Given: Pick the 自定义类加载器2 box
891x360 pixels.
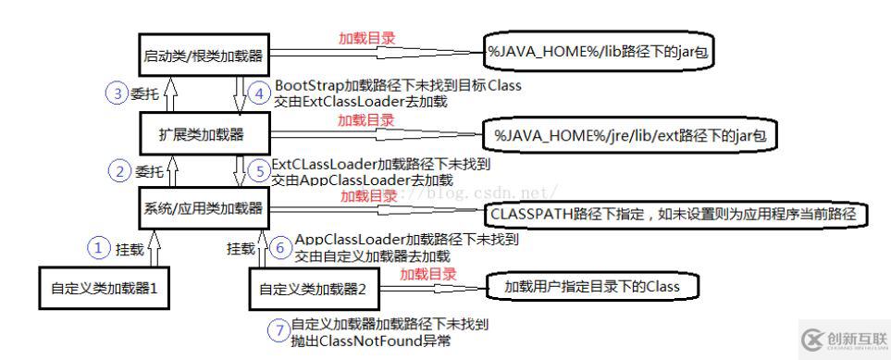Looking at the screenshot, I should coord(314,289).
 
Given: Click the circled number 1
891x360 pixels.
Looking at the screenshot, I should coord(99,247).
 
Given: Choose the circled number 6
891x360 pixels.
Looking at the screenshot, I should coord(281,248).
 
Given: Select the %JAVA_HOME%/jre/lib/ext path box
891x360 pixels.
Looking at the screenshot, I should coord(629,135).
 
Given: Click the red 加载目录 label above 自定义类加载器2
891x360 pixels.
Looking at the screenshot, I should coord(427,274).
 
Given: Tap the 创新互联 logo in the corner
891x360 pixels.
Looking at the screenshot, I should coord(836,339).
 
